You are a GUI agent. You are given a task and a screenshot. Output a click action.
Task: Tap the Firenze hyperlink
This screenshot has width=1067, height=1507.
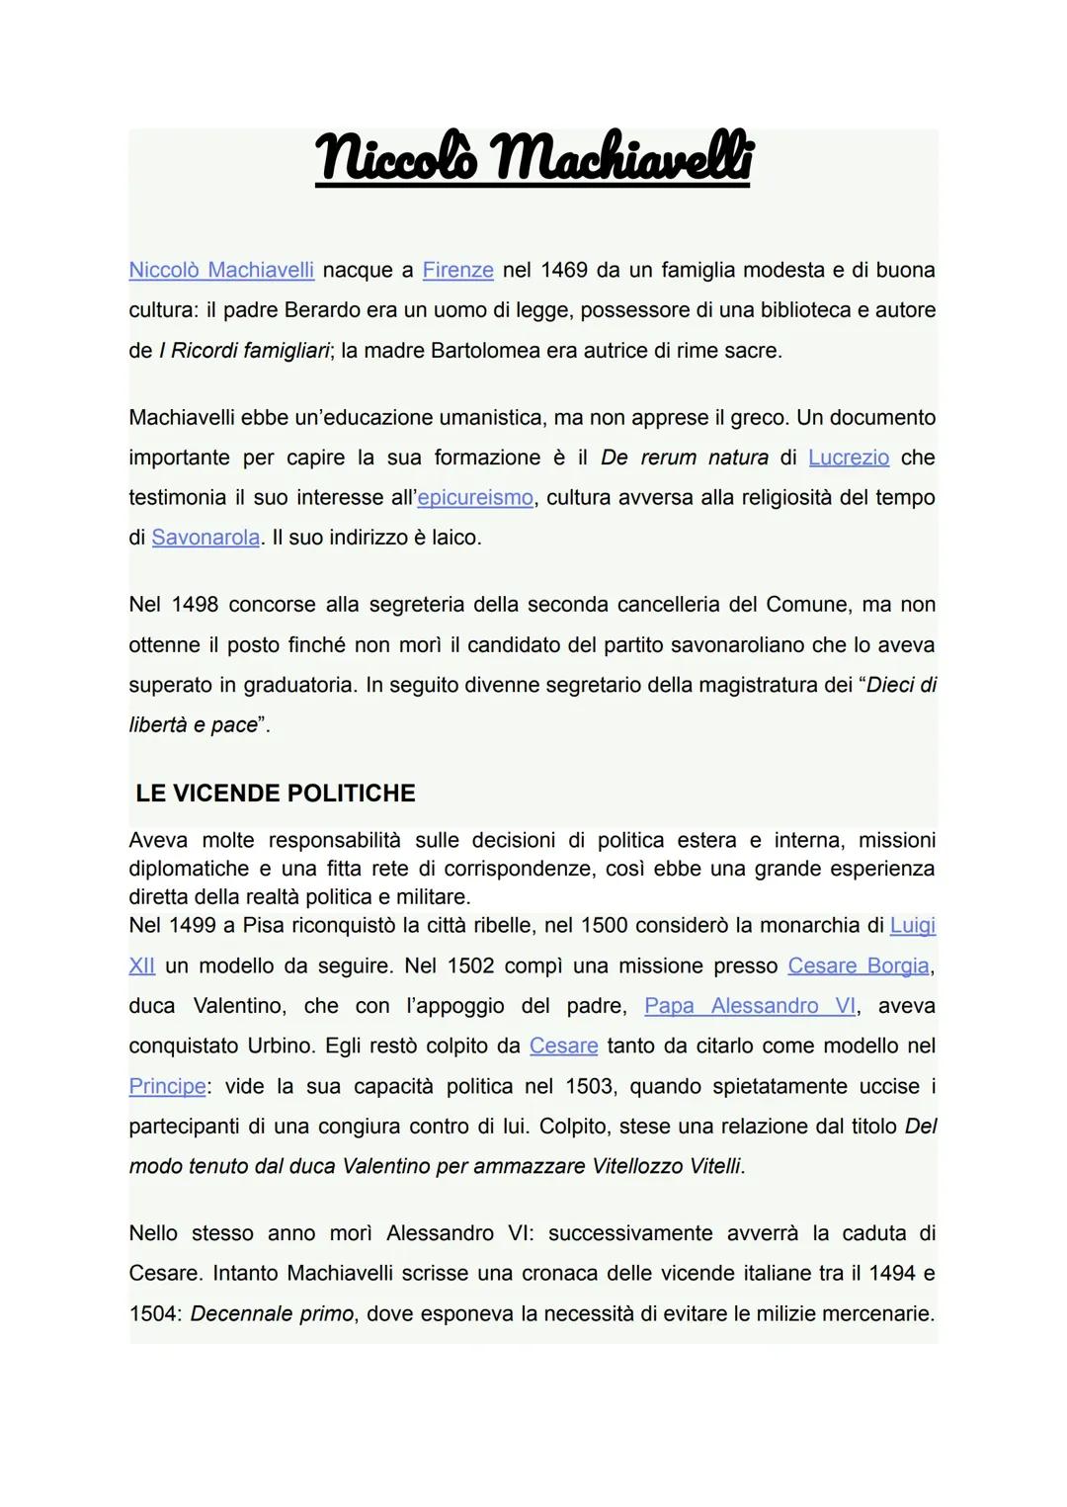[x=457, y=270]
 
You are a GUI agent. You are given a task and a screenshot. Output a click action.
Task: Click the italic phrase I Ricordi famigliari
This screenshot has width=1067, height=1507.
[x=243, y=351]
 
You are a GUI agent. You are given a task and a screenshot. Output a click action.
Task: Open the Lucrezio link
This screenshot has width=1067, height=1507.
[x=848, y=458]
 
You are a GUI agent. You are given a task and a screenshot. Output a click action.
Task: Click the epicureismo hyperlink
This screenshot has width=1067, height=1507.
[x=475, y=498]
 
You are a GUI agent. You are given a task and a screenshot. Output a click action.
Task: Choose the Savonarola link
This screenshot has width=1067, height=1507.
[x=205, y=539]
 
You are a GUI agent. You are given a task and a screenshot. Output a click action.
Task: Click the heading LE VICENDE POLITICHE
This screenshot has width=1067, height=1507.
[x=276, y=794]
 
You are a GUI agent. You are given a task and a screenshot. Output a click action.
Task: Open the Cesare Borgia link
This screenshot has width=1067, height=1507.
[x=858, y=965]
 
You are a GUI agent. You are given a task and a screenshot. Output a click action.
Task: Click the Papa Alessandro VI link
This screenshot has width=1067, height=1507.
[x=750, y=1006]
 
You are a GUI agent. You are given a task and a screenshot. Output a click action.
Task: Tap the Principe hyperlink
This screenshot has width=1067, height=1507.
[x=167, y=1086]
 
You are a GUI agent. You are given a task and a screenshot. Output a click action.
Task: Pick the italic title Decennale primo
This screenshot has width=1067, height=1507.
[x=272, y=1314]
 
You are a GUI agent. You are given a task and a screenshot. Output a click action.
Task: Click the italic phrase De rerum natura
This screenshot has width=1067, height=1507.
[x=684, y=458]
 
